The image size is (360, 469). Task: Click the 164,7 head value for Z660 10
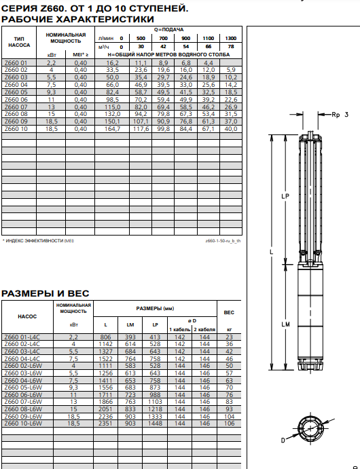coord(112,129)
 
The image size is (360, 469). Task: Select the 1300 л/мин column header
coord(231,38)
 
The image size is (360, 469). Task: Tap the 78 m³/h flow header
coord(231,47)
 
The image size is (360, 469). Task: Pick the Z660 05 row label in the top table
coord(16,92)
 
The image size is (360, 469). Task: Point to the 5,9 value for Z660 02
coord(231,70)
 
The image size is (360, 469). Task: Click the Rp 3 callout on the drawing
coord(340,115)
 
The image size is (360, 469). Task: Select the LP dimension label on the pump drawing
coord(285,196)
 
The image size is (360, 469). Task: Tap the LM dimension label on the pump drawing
coord(285,324)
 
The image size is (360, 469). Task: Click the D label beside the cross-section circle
coord(283,440)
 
